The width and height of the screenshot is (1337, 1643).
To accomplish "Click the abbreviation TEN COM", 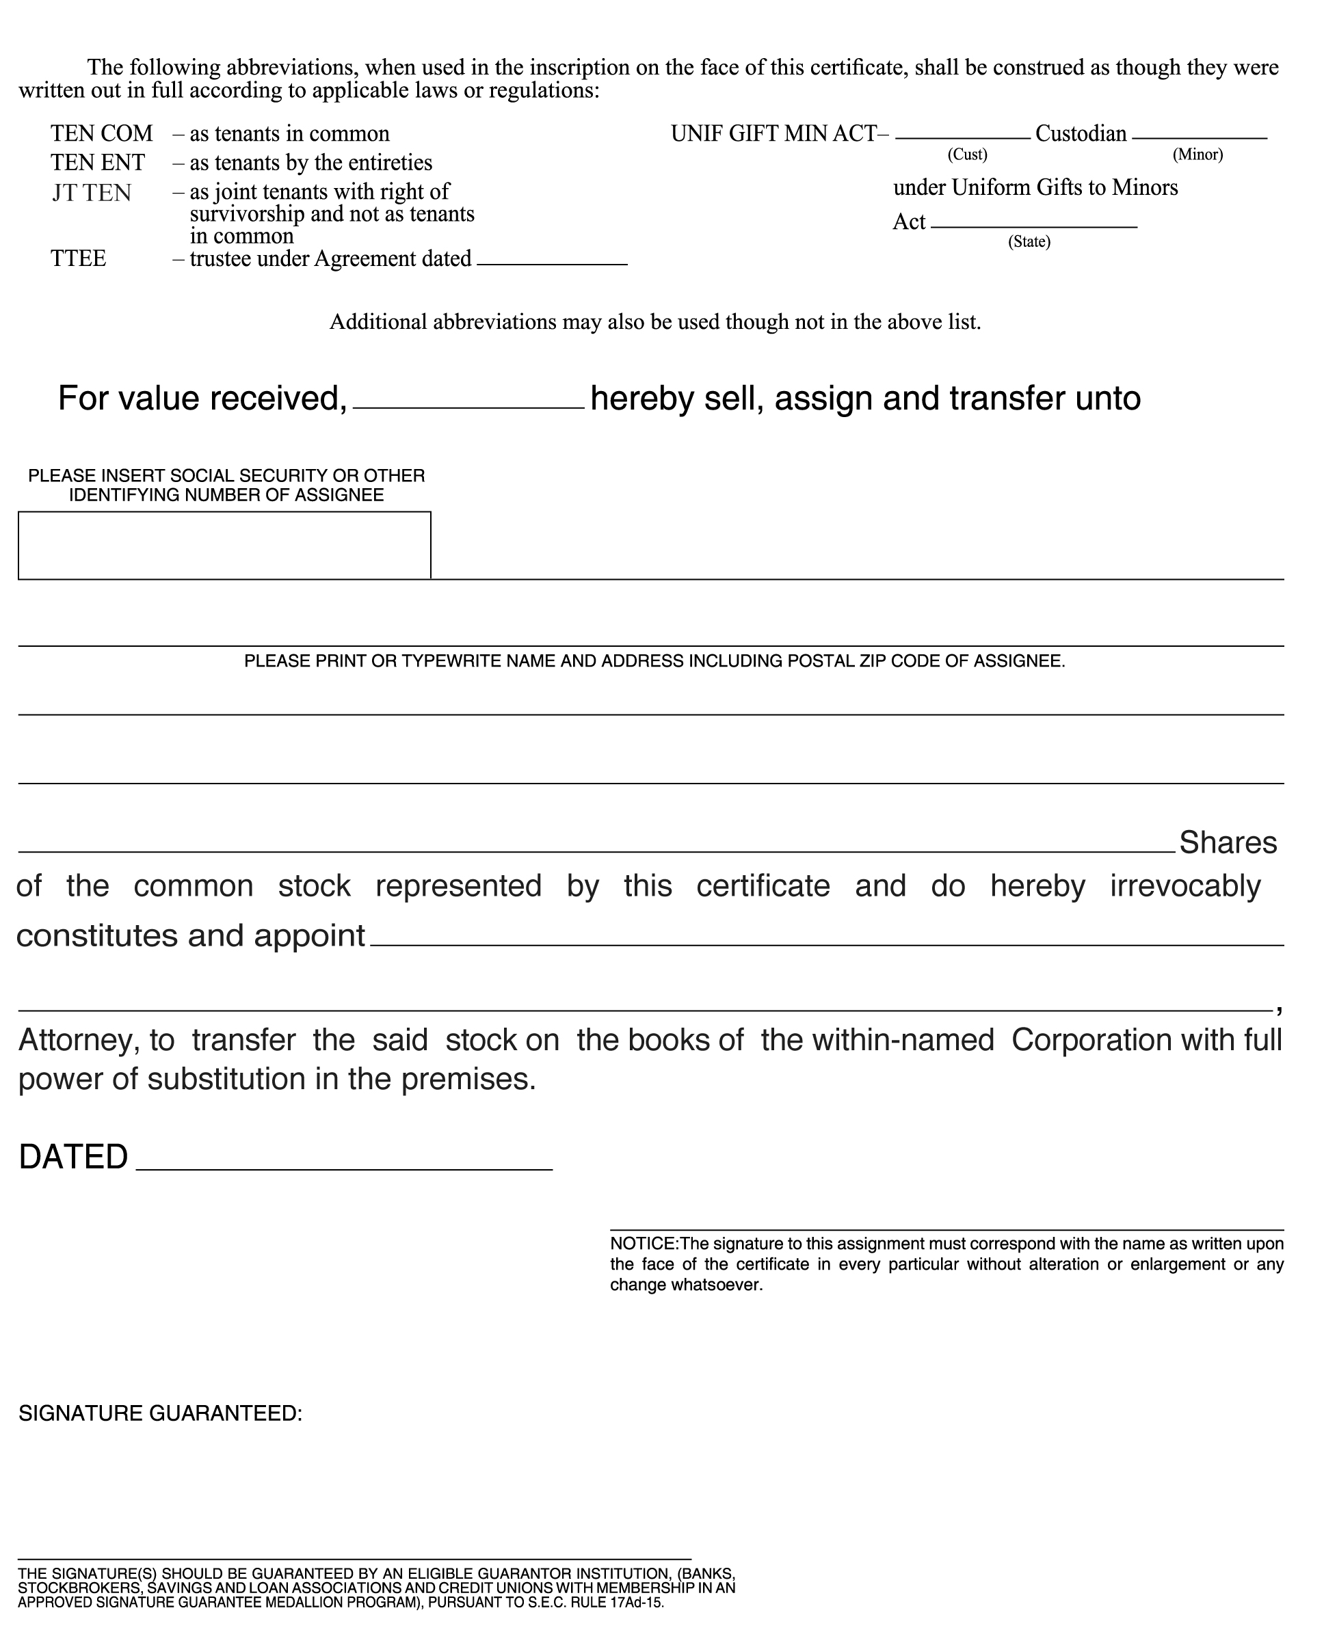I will coord(102,134).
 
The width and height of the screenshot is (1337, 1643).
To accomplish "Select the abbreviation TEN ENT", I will coord(98,163).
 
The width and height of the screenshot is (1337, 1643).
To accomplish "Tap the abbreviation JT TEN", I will coord(92,193).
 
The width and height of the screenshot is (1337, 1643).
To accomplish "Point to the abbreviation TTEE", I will coord(79,258).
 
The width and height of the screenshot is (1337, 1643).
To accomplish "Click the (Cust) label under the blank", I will coord(966,155).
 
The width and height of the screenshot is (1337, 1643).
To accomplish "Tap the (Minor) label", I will coord(1197,155).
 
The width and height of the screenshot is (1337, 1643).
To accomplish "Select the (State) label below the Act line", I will coord(1029,242).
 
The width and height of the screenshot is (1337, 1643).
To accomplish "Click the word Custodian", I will coord(1081,134).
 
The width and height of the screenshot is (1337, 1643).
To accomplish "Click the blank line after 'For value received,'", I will coord(468,402).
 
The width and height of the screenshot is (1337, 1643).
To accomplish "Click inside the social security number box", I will coord(224,545).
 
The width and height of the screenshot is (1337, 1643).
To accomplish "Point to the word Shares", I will coord(1228,843).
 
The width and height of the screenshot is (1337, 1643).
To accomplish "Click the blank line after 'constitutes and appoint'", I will coord(826,939).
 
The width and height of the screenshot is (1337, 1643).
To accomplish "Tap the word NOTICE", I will coord(643,1244).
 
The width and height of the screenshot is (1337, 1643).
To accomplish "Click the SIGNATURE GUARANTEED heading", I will coord(160,1413).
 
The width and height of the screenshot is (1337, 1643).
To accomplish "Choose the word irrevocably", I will coord(1184,886).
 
